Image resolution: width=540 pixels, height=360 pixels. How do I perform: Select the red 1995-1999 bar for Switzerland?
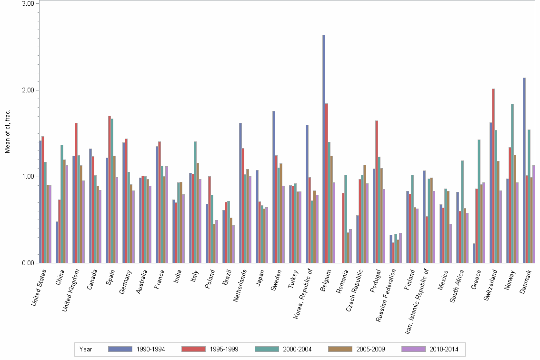tap(493, 176)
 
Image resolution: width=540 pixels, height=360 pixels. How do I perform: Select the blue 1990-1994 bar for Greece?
tap(474, 253)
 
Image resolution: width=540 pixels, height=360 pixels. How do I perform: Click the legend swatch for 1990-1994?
tap(120, 349)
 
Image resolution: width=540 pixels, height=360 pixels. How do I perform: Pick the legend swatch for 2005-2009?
tap(340, 349)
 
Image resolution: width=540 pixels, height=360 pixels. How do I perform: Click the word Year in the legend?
tap(86, 350)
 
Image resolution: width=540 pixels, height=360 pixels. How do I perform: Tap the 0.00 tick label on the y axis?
tap(28, 263)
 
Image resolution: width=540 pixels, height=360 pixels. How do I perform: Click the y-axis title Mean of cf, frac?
tap(7, 131)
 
